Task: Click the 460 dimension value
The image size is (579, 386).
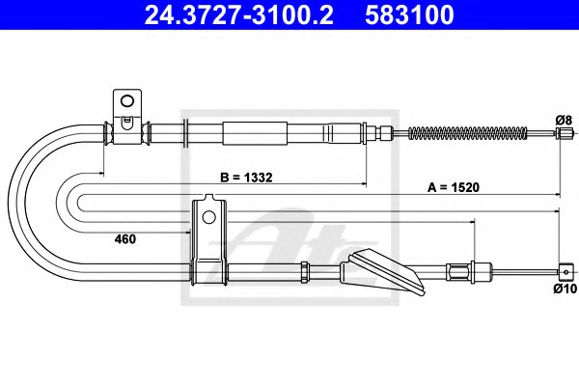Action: coord(125,236)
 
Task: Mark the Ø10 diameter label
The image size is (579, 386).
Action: coord(564,287)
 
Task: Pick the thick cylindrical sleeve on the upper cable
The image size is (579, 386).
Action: coord(256,132)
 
